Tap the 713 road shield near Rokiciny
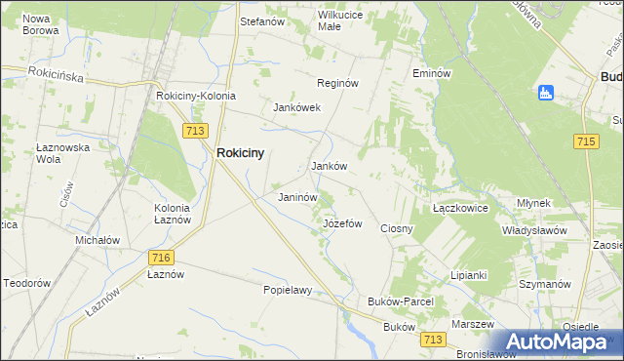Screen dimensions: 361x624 click(192, 130)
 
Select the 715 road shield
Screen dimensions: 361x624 click(586, 142)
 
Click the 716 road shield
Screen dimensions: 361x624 click(162, 257)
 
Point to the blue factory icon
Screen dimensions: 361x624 click(546, 93)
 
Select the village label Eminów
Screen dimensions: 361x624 click(431, 73)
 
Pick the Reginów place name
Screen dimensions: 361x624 click(335, 84)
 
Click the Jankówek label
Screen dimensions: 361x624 click(296, 107)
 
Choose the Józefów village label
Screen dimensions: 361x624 click(342, 223)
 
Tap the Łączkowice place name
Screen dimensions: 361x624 click(459, 209)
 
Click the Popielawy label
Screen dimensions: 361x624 click(287, 290)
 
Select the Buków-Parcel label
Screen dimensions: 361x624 click(400, 302)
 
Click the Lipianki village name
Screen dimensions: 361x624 click(468, 275)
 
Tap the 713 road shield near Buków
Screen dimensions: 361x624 click(434, 339)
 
